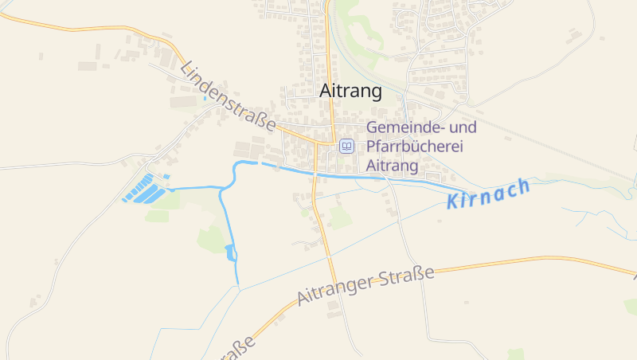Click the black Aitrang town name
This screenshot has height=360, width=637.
point(350,92)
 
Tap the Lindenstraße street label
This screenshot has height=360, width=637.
point(229,98)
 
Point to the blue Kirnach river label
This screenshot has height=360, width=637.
point(489,194)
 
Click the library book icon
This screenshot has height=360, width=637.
point(346,146)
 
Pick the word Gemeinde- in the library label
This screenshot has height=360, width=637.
point(404,127)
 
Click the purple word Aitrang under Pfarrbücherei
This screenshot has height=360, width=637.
point(393,166)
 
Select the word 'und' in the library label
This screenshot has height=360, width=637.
point(463,127)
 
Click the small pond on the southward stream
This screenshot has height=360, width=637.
point(231,253)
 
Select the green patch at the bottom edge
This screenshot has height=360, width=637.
point(516,354)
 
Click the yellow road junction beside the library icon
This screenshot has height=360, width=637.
point(330,144)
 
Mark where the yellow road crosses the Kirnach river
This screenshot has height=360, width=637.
point(315,172)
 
